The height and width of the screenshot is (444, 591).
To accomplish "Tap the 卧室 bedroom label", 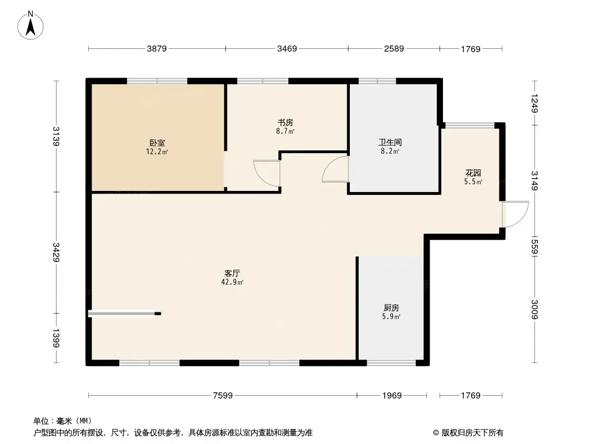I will click(157, 143).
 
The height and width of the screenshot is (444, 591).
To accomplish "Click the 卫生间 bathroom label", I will click(389, 142).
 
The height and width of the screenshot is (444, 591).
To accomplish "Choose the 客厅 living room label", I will click(232, 273).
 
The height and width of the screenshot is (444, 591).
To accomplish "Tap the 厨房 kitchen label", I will click(391, 307).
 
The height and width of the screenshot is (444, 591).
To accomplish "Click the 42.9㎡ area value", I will click(232, 282).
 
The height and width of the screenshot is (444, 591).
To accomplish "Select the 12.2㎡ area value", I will click(157, 152).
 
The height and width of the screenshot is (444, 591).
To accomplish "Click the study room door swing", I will click(267, 173).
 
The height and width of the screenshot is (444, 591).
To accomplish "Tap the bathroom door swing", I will click(335, 169).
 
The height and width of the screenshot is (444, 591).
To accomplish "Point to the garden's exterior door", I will click(514, 214).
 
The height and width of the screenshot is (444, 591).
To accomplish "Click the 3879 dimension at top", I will click(157, 49).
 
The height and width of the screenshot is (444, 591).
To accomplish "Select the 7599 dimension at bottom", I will click(222, 396).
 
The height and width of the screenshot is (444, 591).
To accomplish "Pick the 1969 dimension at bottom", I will click(391, 396).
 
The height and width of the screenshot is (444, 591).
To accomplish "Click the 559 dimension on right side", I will click(534, 245).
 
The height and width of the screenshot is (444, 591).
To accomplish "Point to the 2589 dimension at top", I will click(394, 49).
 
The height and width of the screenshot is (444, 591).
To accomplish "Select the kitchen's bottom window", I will click(391, 363).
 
